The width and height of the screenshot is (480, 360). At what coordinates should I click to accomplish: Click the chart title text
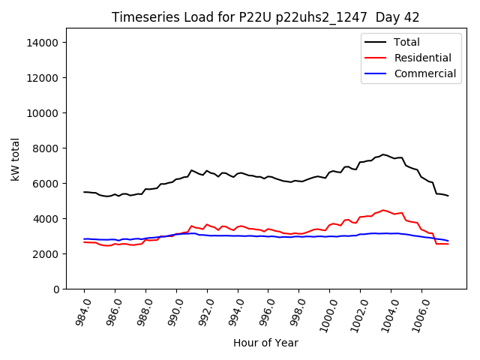click(265, 17)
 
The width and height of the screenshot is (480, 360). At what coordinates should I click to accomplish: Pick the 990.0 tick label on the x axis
click(172, 311)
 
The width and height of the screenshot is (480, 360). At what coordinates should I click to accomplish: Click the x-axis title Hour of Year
click(265, 343)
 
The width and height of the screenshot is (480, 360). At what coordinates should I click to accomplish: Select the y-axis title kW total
click(15, 159)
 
